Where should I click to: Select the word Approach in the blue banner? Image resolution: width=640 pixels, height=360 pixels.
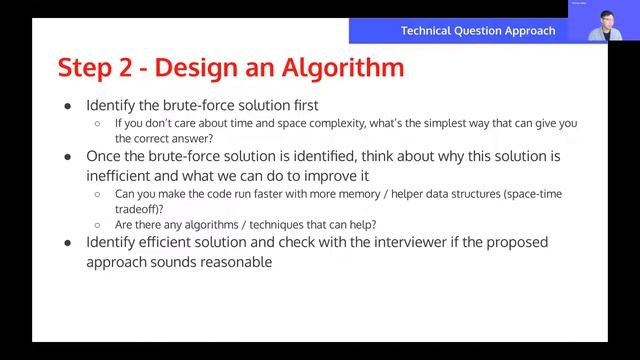coord(530,31)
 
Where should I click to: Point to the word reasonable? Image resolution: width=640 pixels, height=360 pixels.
coord(234,261)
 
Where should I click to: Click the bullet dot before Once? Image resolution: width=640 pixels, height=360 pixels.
coord(67,157)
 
